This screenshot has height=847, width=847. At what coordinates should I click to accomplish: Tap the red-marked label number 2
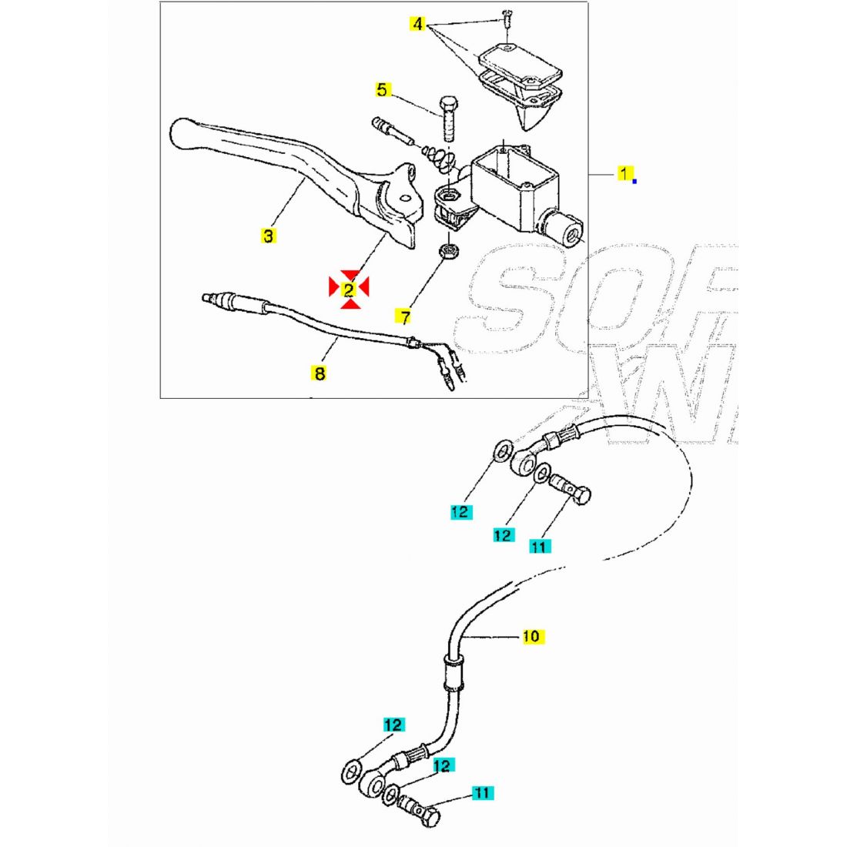349,289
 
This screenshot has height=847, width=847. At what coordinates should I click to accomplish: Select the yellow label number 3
268,236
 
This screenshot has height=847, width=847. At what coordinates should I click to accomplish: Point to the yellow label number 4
417,25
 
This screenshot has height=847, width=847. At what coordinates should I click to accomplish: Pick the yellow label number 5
383,89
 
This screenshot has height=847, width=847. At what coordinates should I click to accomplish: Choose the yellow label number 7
404,316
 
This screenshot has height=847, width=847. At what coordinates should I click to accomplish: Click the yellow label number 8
319,373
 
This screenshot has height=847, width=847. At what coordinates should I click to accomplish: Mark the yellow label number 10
531,636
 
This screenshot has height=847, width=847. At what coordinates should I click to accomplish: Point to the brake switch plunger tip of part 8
206,297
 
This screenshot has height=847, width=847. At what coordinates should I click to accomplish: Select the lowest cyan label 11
482,792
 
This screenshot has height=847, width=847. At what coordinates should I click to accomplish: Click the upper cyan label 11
540,546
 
